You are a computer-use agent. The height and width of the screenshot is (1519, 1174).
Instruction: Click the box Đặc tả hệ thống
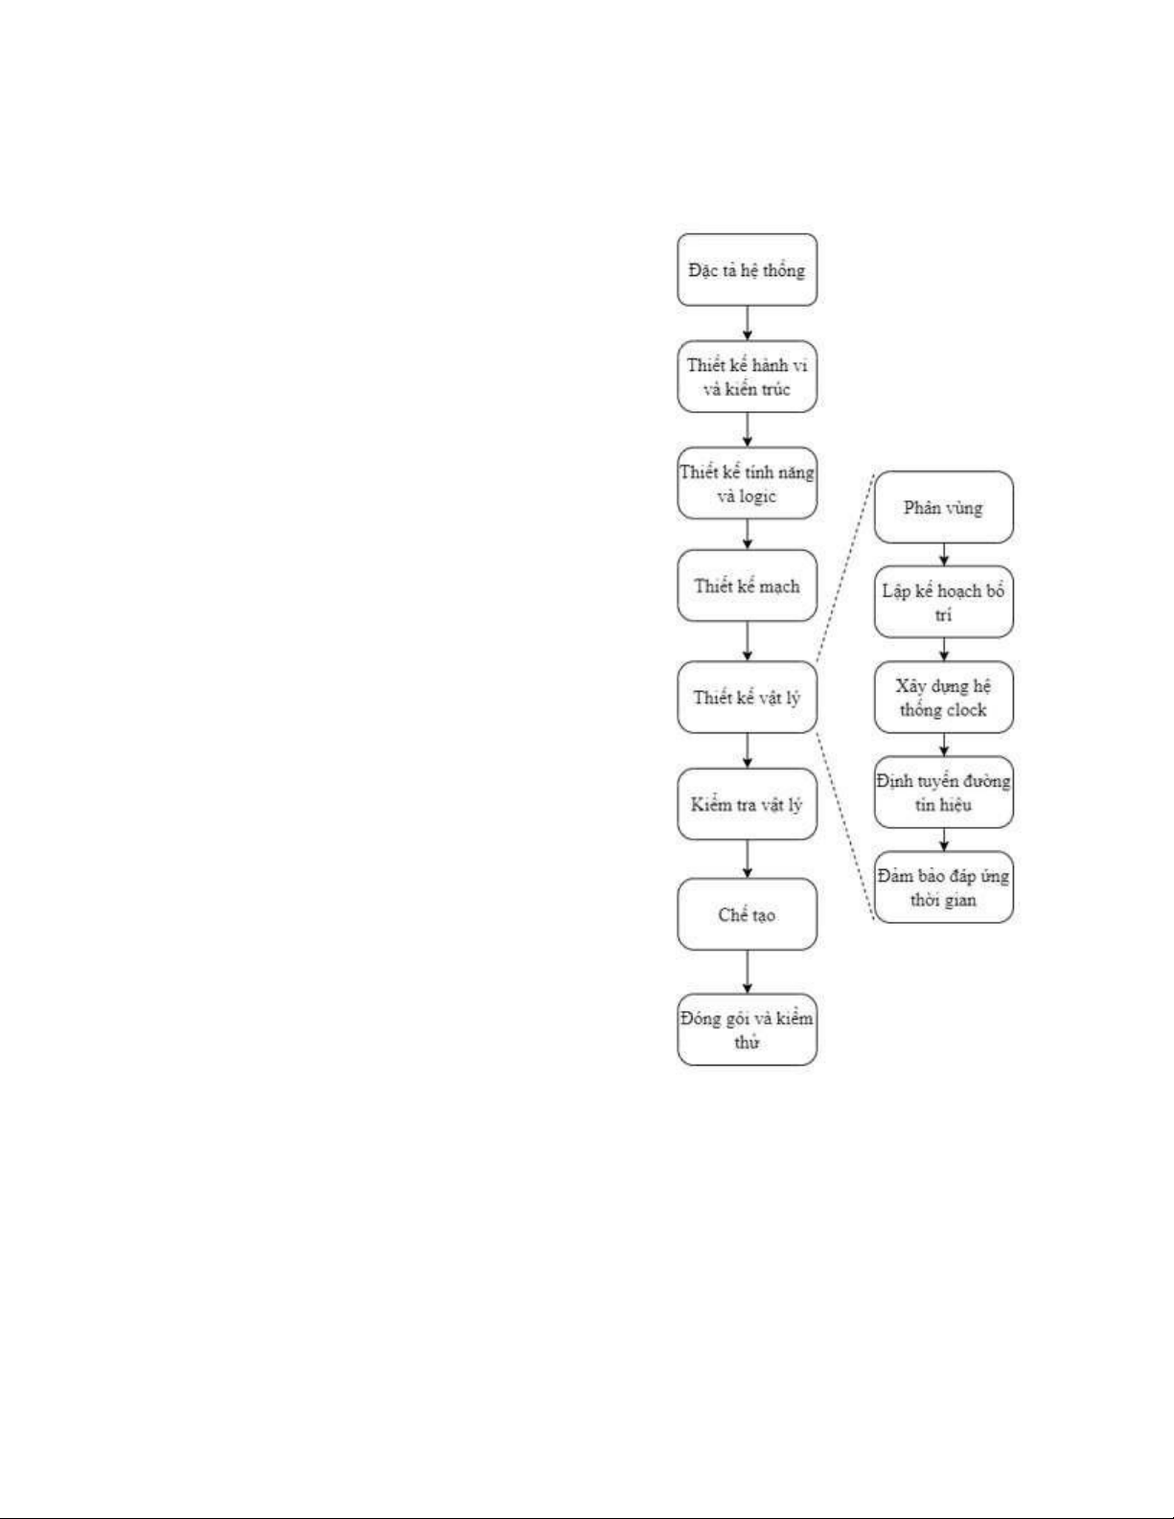click(x=747, y=270)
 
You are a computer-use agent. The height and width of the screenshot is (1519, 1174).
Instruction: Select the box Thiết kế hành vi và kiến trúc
click(x=747, y=377)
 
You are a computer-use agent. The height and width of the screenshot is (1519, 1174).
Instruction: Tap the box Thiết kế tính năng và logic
click(x=747, y=484)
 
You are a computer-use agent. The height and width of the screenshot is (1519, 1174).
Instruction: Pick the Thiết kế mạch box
click(x=747, y=586)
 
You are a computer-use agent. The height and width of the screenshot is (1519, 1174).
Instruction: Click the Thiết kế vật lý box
click(x=747, y=697)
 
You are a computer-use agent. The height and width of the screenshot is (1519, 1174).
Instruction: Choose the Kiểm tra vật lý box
click(x=747, y=804)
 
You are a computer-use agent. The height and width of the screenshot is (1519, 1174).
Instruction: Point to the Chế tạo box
click(x=747, y=914)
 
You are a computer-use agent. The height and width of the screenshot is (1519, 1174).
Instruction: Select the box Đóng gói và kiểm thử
click(x=747, y=1029)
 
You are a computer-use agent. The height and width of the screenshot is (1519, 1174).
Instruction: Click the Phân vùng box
click(x=943, y=508)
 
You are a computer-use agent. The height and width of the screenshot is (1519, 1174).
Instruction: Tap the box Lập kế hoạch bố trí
click(x=943, y=602)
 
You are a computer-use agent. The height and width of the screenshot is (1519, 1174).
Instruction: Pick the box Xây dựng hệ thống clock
click(x=943, y=697)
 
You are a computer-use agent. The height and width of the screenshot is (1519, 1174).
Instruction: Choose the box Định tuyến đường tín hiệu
click(x=943, y=792)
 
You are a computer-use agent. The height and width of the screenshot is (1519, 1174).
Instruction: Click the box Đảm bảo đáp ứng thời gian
click(x=943, y=887)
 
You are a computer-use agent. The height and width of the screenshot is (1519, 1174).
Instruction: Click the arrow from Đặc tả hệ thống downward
click(x=747, y=323)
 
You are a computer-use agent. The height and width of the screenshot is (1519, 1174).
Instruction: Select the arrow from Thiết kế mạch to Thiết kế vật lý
click(x=747, y=641)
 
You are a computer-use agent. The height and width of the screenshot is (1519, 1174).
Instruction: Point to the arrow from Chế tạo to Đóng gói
click(x=747, y=972)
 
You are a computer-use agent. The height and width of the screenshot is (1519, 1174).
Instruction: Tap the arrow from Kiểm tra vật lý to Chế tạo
click(x=747, y=859)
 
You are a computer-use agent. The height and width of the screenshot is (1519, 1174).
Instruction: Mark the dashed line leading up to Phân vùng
click(x=845, y=568)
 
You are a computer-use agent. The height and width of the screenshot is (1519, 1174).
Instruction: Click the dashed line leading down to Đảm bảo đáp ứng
click(x=845, y=825)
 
